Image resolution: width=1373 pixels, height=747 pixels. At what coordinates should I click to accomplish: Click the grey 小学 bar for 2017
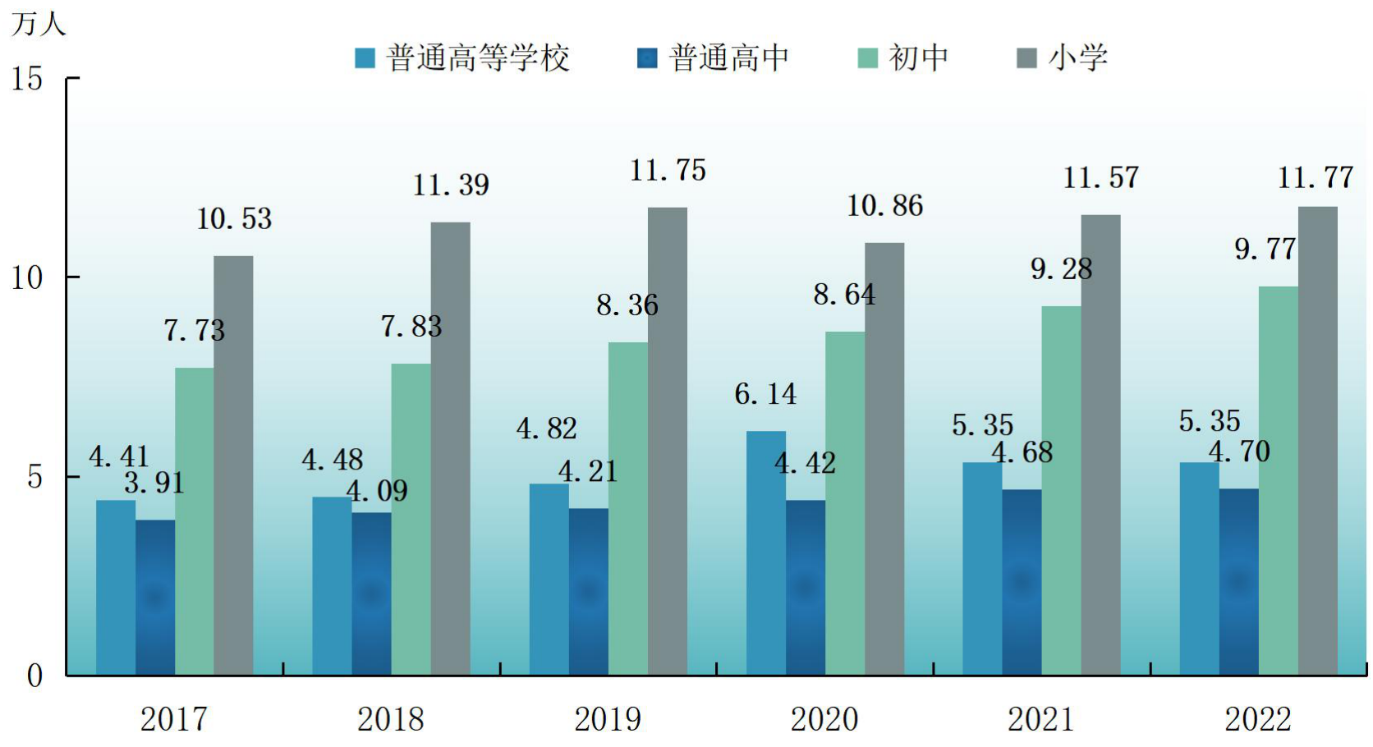coord(233,465)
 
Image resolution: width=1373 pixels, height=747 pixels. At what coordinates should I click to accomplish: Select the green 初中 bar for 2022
coord(1279,481)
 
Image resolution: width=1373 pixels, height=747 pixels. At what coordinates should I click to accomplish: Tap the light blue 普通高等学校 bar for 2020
coord(766,553)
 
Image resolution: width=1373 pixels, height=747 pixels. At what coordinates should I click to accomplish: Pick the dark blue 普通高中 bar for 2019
coord(589,592)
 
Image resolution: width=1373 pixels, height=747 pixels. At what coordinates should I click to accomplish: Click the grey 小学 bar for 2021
coord(1101,446)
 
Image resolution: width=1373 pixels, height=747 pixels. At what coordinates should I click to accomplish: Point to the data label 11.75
coord(668,171)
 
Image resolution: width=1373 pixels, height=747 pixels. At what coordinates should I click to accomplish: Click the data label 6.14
coord(765,394)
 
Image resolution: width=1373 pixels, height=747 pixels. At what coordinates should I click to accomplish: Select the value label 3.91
coord(154,483)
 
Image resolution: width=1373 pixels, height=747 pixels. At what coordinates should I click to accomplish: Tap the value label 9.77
coord(1265,249)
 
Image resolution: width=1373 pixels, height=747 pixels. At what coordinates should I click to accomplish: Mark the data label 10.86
coord(884,206)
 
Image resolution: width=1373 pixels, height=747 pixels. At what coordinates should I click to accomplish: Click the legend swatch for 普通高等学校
coord(365,58)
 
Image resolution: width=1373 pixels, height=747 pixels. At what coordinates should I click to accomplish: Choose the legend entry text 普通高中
coord(729,58)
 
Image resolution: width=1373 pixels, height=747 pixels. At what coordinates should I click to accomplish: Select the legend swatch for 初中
coord(868,58)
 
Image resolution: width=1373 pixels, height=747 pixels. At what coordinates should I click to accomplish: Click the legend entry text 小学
coord(1078,58)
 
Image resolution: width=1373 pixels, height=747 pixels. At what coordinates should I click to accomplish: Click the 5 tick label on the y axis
coord(35,478)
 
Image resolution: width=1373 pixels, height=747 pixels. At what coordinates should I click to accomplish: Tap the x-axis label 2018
coord(390,719)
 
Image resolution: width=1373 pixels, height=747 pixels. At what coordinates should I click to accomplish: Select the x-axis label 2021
coord(1040,719)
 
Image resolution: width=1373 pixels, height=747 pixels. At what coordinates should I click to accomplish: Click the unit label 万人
coord(38,24)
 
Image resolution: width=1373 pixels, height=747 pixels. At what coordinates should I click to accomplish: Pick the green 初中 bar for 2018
coord(411,520)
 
